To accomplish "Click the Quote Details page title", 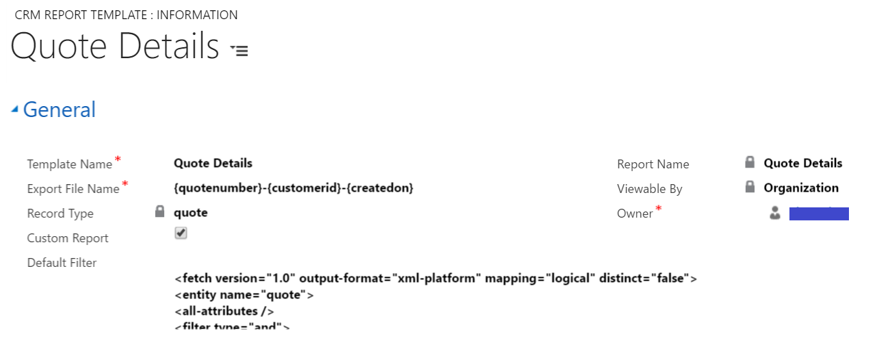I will coord(114,47).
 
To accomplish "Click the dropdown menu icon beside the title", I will coord(239,50).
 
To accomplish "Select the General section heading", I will coord(60,110).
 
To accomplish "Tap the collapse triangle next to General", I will coord(15,110).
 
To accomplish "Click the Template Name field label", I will coord(69,164).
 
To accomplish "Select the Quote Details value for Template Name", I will coord(213,163).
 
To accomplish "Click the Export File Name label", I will coord(73,189).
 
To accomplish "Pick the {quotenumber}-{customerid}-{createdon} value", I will coord(293,188).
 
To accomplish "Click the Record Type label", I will coord(60,214).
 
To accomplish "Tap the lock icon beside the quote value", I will coord(160,212).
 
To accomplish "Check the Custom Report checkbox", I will coord(181,233).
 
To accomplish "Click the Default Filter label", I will coord(62,263).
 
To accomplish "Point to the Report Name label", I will coord(653,164).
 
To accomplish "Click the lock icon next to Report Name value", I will coord(750,163).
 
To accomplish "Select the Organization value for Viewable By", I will coord(801,188).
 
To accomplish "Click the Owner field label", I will coord(635,214).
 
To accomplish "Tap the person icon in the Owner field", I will coord(775,214).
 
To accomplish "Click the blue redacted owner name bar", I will coord(819,214).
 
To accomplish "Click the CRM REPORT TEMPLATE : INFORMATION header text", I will coord(126,15).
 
